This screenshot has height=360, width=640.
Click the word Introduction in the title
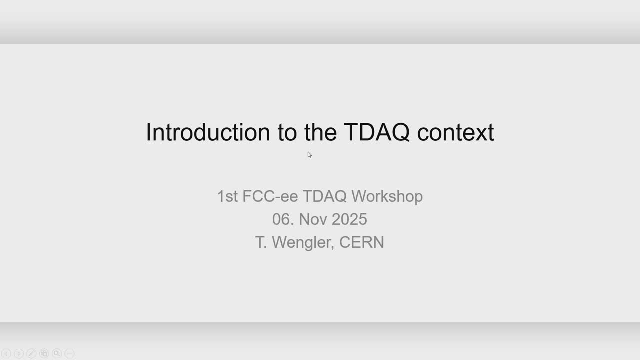point(208,132)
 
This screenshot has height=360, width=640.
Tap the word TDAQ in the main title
point(377,132)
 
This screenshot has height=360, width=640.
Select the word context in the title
point(455,133)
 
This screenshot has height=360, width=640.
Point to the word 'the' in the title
point(321,132)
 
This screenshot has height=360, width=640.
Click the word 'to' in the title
point(287,133)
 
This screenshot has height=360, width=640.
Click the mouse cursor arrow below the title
point(309,155)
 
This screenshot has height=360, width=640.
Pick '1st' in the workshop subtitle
point(227,196)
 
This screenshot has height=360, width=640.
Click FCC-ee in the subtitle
point(270,196)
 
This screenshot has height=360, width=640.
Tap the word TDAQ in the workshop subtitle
point(325,196)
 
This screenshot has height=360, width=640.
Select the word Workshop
point(387,197)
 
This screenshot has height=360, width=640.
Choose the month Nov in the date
point(313,219)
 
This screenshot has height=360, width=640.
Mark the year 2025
point(349,219)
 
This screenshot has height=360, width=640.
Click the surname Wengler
point(303,243)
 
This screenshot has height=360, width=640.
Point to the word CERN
point(361,242)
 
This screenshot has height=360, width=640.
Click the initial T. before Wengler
point(261,242)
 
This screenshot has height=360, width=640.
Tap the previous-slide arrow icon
point(6,353)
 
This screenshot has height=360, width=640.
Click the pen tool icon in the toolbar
point(31,353)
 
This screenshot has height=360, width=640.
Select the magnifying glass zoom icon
point(57,353)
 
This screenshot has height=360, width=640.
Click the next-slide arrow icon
point(19,353)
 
